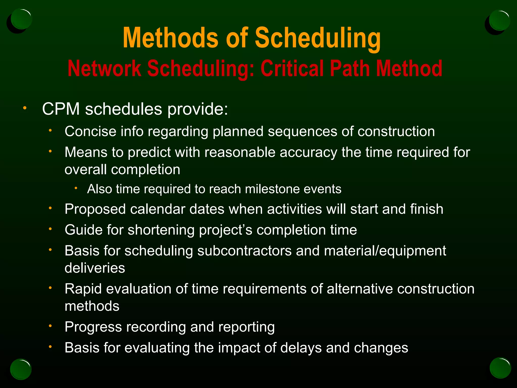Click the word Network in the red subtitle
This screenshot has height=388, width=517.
point(104,69)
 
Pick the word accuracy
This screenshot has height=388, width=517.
point(308,153)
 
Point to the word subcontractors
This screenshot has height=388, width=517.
point(244,251)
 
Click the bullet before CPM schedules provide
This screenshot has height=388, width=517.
point(24,108)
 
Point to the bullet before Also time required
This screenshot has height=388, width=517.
point(76,188)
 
